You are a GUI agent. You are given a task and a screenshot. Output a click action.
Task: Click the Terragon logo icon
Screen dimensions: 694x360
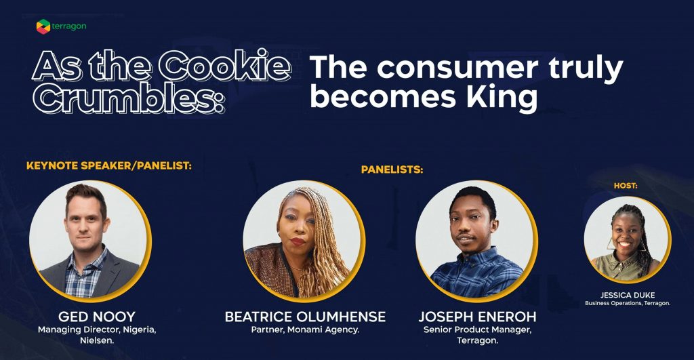click(x=43, y=26)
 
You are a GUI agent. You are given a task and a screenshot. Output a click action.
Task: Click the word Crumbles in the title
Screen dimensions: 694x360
click(x=128, y=98)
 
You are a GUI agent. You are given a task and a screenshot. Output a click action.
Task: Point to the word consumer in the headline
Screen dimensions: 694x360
click(x=457, y=68)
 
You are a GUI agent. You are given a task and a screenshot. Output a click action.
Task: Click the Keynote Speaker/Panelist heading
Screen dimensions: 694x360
click(x=109, y=165)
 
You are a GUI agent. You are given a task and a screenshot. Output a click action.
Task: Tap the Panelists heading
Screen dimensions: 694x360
click(x=392, y=169)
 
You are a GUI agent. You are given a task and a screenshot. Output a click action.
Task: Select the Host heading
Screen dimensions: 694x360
click(x=626, y=186)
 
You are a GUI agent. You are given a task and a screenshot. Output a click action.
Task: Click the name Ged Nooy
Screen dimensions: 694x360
click(x=96, y=317)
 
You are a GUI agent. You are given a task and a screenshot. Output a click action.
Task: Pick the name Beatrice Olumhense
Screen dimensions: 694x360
click(x=305, y=317)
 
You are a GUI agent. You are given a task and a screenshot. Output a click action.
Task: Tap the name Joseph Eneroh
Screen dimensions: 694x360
click(x=477, y=317)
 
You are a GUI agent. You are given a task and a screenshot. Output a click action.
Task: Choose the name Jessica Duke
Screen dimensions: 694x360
click(x=627, y=295)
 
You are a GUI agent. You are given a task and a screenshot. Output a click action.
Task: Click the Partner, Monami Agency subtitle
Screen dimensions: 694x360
click(x=305, y=330)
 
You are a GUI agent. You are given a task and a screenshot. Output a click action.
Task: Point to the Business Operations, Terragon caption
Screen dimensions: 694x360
click(x=628, y=303)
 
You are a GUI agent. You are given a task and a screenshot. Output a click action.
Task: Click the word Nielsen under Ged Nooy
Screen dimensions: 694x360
click(x=97, y=340)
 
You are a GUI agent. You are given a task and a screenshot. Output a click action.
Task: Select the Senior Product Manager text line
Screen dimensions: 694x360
click(x=477, y=330)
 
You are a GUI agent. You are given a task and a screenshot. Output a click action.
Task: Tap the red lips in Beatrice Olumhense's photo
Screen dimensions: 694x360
click(x=298, y=241)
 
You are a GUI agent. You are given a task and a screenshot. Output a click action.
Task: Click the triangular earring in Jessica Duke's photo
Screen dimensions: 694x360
click(x=611, y=245)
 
